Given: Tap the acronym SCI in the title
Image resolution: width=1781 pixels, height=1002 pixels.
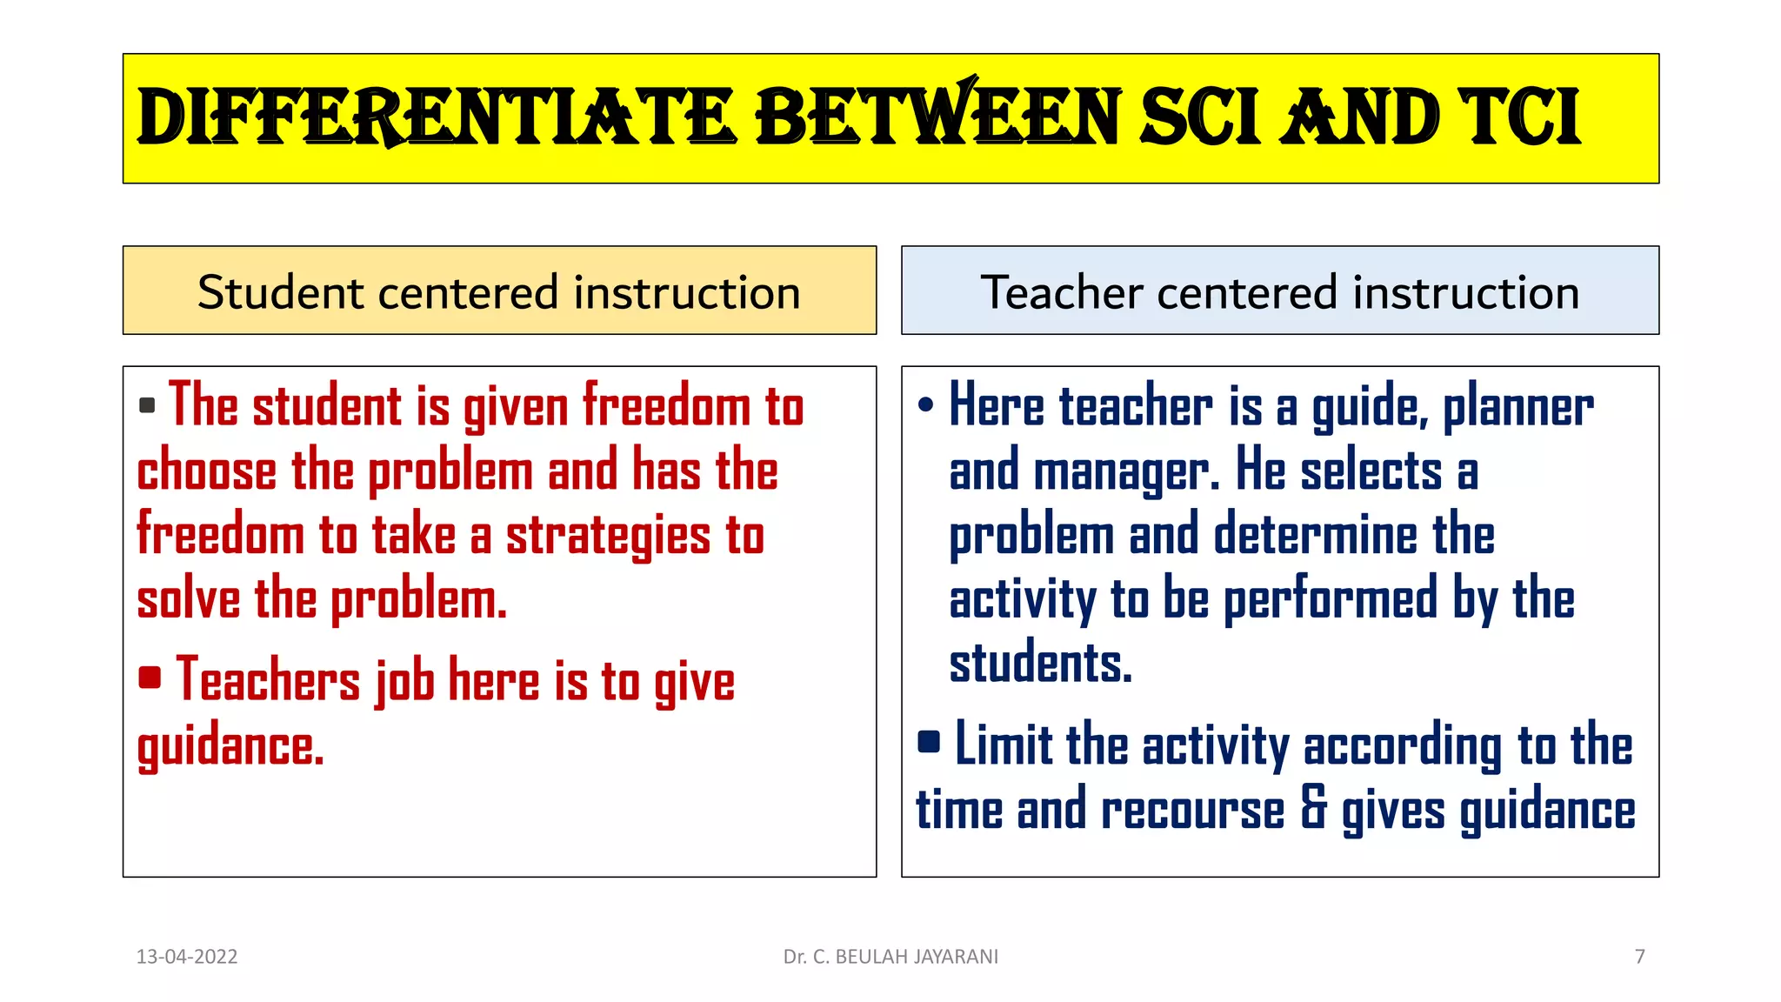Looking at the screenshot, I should click(x=1199, y=118).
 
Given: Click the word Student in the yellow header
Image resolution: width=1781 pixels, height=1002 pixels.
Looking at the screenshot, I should click(x=279, y=292).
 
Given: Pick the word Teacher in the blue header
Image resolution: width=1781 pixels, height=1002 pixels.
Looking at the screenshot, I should click(x=1061, y=292).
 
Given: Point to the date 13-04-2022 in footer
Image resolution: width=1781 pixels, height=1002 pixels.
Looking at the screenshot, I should click(x=187, y=957).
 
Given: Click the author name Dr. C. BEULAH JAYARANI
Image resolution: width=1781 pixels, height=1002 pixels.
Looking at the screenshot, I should click(x=890, y=957).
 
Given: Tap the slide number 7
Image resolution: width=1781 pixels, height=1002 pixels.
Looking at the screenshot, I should click(x=1639, y=957).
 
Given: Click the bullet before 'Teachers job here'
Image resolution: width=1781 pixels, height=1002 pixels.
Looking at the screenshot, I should click(x=150, y=677).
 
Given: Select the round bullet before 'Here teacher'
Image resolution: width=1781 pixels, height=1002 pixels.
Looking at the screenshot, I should click(x=925, y=404).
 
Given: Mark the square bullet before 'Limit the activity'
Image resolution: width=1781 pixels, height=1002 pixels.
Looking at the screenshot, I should click(x=929, y=741).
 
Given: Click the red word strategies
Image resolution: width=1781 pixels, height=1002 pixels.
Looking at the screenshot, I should click(x=608, y=535).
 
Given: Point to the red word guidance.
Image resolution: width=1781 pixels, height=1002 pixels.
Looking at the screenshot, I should click(x=230, y=747).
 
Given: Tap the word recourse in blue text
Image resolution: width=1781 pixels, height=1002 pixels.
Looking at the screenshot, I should click(x=1192, y=810).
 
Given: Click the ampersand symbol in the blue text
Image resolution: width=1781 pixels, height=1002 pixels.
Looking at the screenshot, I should click(x=1314, y=808).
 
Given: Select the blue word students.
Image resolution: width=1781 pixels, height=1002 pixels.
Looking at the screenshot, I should click(x=1040, y=664).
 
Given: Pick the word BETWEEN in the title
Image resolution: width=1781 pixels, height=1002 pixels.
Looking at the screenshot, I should click(x=938, y=118).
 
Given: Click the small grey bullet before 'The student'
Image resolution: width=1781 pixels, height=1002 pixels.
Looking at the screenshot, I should click(x=147, y=405).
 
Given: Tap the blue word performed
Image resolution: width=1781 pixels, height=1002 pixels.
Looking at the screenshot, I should click(x=1330, y=599).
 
